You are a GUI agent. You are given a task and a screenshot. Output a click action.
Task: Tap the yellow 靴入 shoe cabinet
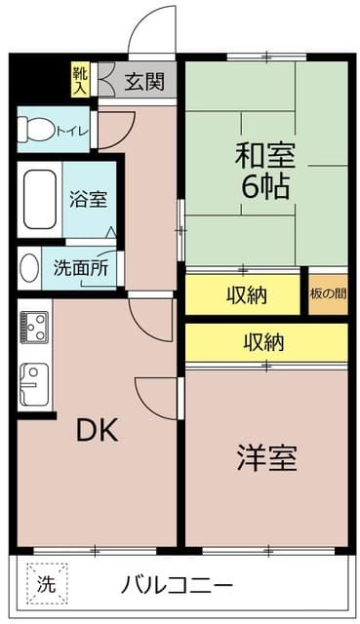coord(79,80)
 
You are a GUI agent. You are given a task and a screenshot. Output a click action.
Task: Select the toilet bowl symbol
coord(37,130)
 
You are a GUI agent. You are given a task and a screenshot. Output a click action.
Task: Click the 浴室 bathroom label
coord(88,198)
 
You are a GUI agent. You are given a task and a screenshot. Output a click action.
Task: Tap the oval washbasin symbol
coord(29,267)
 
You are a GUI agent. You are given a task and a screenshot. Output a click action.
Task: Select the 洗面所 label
coord(80,267)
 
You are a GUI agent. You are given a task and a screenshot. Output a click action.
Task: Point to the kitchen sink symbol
coord(33,383)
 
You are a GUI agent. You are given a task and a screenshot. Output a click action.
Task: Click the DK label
coord(98,430)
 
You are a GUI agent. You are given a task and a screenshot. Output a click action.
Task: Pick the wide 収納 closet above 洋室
coord(265,342)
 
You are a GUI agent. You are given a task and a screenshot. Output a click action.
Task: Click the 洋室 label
coord(266,457)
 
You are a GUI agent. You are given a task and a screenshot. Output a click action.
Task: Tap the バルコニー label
coord(177,586)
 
